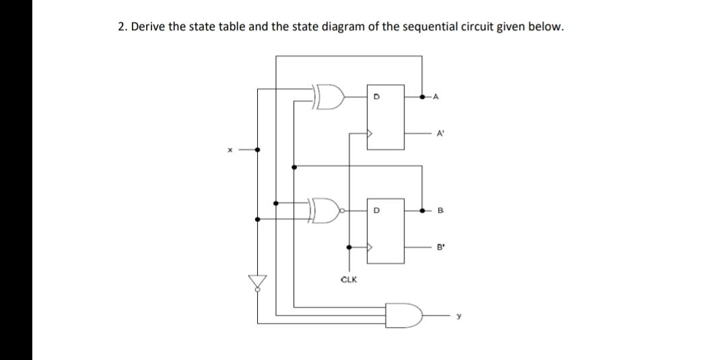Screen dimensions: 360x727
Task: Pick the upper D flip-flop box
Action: (385, 116)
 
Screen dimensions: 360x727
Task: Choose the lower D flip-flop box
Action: (385, 229)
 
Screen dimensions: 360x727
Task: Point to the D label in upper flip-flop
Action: (377, 96)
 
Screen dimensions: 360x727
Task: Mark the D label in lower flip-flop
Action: (377, 210)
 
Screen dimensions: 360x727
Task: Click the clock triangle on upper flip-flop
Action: (370, 133)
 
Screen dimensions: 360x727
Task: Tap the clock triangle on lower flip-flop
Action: (370, 247)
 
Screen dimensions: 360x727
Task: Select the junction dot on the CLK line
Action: (349, 247)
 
